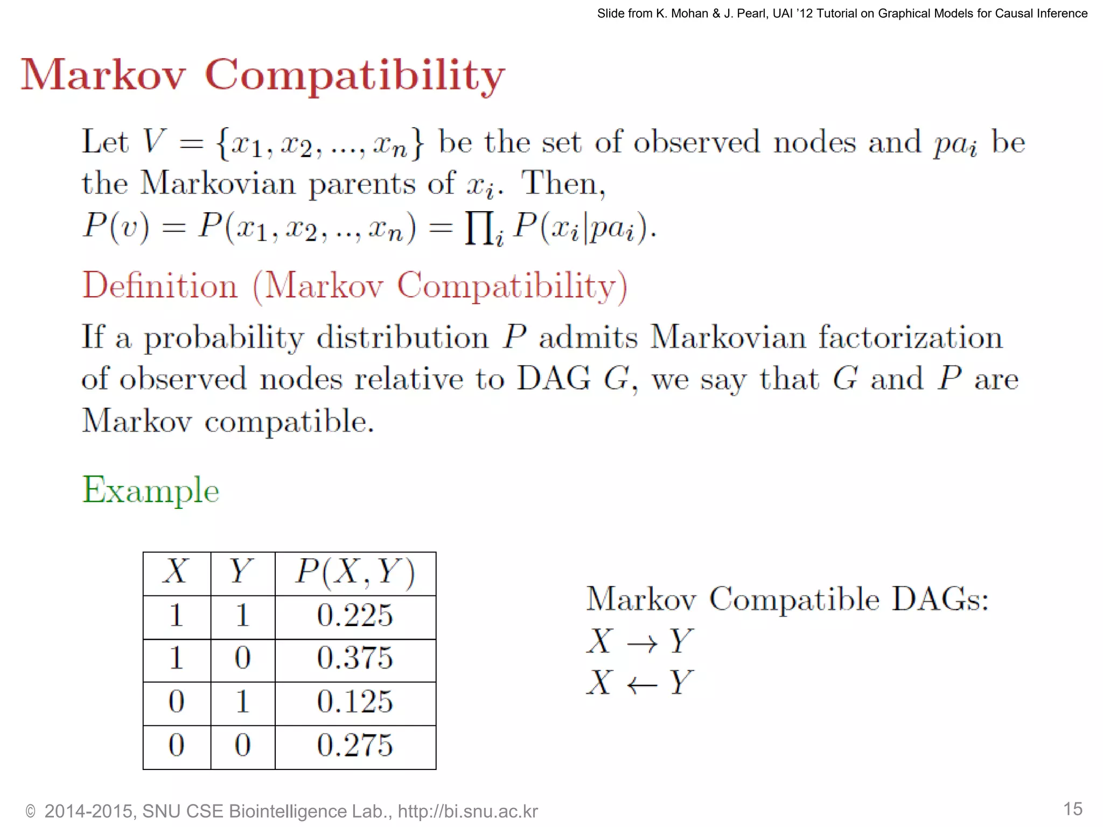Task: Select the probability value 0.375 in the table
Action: [355, 658]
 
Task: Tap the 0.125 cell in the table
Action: [355, 702]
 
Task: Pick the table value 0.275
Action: [355, 746]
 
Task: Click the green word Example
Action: [151, 490]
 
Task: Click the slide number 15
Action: [1072, 809]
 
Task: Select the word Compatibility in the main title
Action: [355, 75]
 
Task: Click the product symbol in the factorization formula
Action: [479, 228]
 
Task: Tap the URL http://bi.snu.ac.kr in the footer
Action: [467, 811]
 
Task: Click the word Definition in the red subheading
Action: [160, 285]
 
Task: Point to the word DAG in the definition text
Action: [553, 379]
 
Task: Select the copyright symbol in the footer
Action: [31, 812]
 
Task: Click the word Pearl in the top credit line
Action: [749, 13]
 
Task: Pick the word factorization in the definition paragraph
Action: [910, 338]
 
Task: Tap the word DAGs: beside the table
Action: [940, 599]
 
